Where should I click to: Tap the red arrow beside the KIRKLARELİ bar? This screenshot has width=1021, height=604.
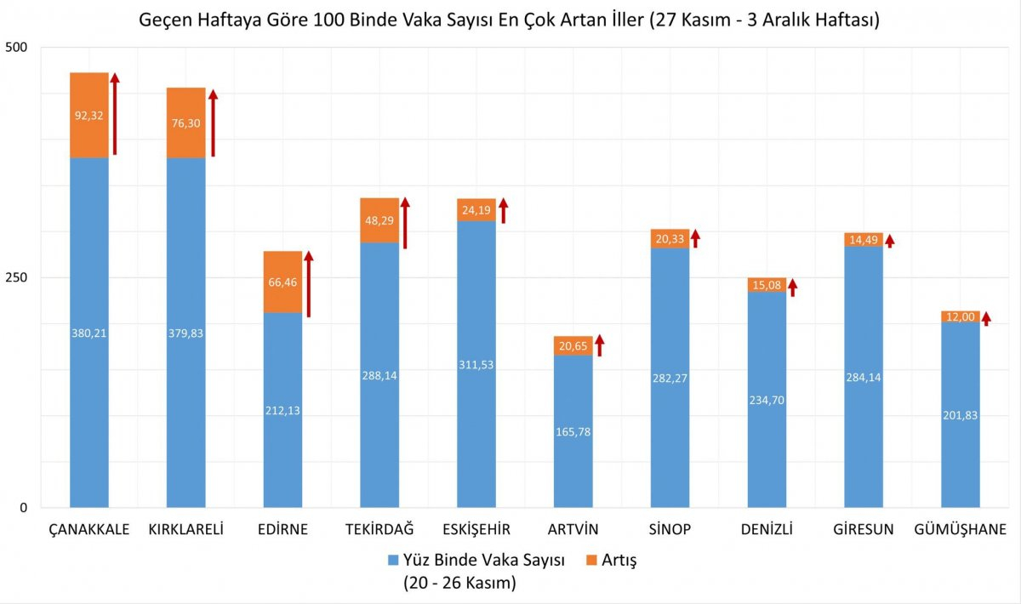(214, 123)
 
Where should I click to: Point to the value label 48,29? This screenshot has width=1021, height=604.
(379, 219)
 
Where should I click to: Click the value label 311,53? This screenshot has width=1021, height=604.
(476, 364)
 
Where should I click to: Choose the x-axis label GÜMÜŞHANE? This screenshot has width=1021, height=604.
(960, 530)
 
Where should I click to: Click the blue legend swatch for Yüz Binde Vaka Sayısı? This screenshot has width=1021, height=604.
(392, 560)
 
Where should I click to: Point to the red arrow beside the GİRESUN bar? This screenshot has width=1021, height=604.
(890, 241)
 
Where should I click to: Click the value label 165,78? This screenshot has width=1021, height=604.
(573, 431)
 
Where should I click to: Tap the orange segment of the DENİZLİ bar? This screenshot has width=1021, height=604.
(767, 285)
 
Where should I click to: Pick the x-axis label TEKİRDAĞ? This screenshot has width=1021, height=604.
(379, 530)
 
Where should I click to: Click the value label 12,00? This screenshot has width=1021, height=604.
(961, 316)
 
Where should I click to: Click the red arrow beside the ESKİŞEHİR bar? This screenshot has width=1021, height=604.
(504, 210)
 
